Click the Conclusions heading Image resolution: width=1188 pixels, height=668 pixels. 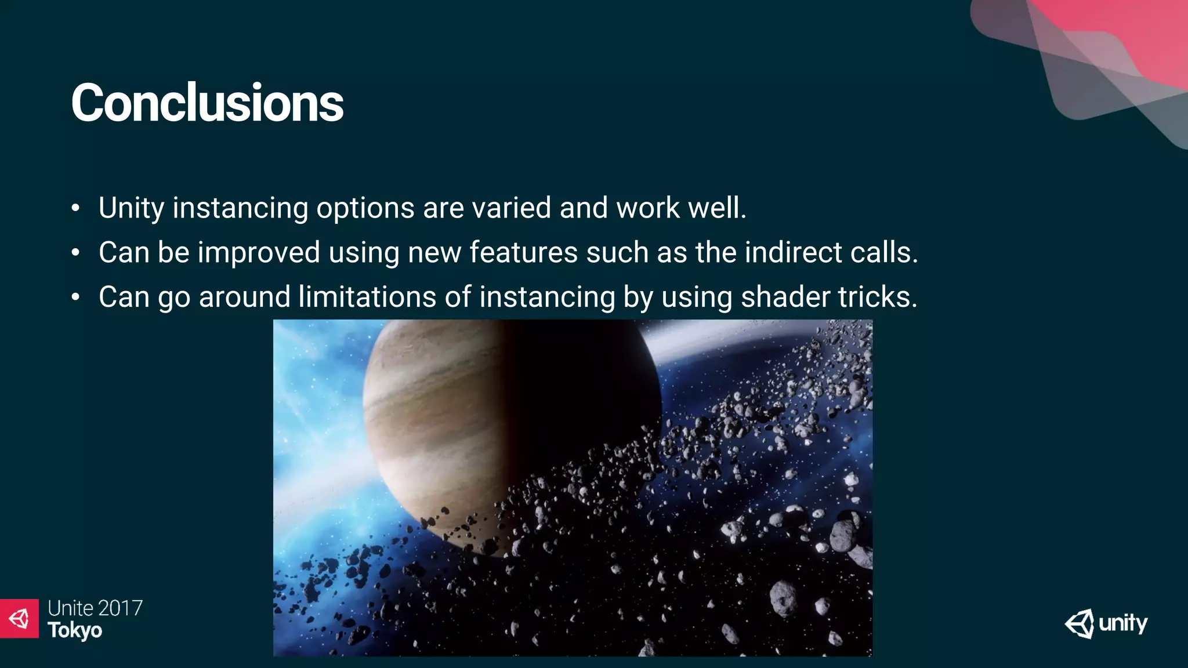(207, 103)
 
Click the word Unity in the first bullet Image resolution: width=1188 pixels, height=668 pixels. (131, 208)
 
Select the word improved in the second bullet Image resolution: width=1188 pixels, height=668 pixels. (259, 252)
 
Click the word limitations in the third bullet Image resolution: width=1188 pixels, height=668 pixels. (367, 297)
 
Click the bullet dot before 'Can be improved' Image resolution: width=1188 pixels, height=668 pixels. (75, 253)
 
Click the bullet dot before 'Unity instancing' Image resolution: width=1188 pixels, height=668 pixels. (75, 209)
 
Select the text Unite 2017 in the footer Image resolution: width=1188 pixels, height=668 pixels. (95, 608)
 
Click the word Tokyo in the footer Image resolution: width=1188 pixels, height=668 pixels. (75, 630)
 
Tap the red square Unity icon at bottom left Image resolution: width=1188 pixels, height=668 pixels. (19, 618)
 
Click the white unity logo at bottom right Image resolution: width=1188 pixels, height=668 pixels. (1106, 624)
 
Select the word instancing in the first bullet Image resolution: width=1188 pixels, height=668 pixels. (240, 208)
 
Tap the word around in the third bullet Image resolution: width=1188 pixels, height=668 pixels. (244, 297)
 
